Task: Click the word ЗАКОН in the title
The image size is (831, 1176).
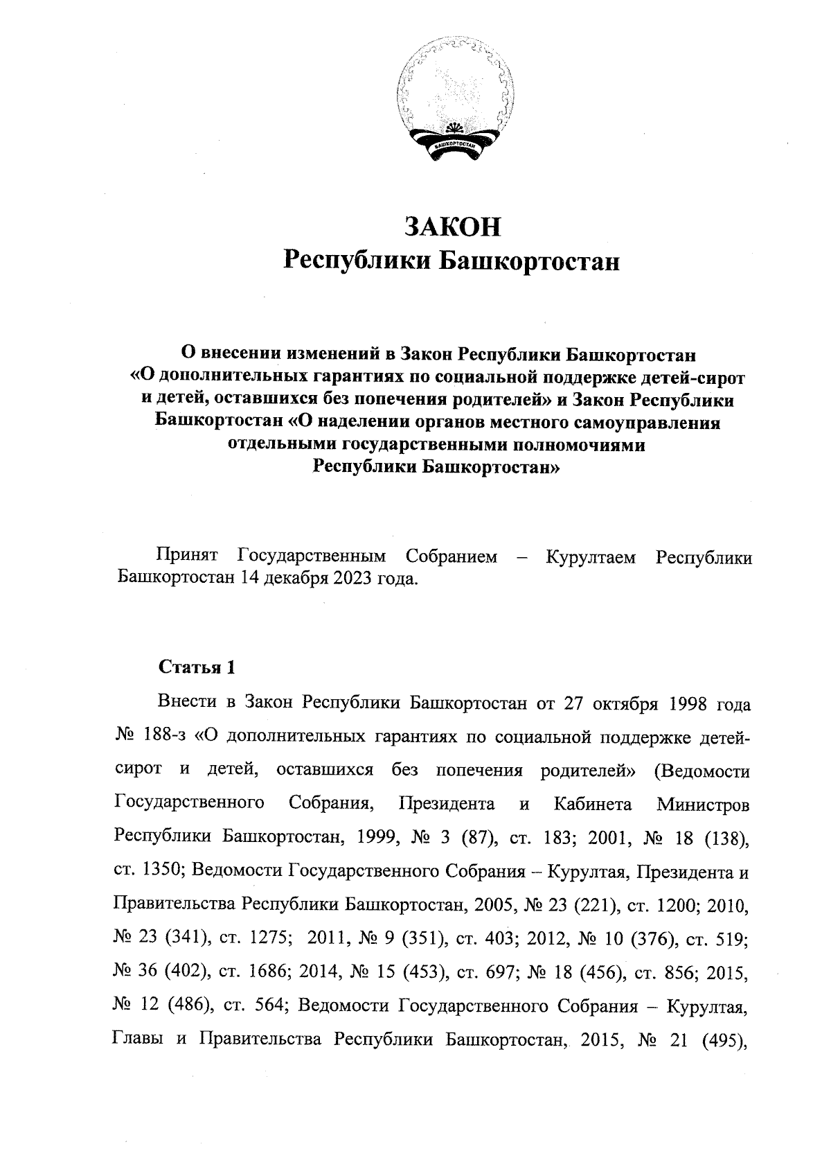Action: click(452, 227)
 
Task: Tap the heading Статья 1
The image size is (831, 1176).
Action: click(197, 667)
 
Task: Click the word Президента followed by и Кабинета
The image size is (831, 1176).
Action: click(447, 804)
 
